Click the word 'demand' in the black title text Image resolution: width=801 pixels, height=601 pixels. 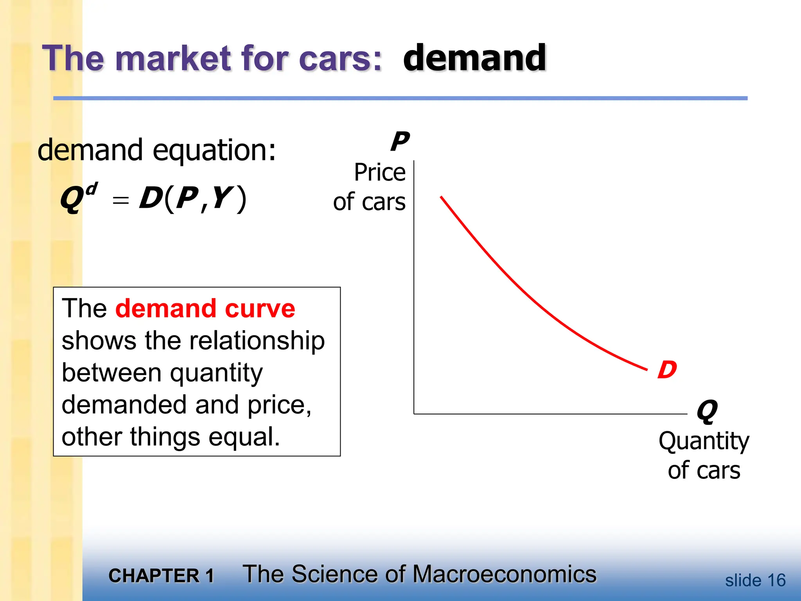tap(474, 58)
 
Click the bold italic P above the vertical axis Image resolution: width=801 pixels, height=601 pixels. tap(400, 142)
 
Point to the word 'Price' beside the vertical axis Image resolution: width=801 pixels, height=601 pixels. tap(380, 173)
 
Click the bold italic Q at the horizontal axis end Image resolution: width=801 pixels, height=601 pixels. tap(707, 411)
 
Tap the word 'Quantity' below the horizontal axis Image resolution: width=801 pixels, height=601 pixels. tap(704, 442)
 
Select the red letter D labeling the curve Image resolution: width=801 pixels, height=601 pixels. tap(667, 370)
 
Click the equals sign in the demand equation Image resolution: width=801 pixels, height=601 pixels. tap(120, 200)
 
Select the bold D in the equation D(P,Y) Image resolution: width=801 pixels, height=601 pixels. tap(151, 198)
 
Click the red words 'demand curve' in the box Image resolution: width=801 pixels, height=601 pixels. tap(205, 309)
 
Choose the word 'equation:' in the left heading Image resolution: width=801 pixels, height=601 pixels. tap(214, 151)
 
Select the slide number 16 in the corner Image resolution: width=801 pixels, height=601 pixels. tap(776, 580)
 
